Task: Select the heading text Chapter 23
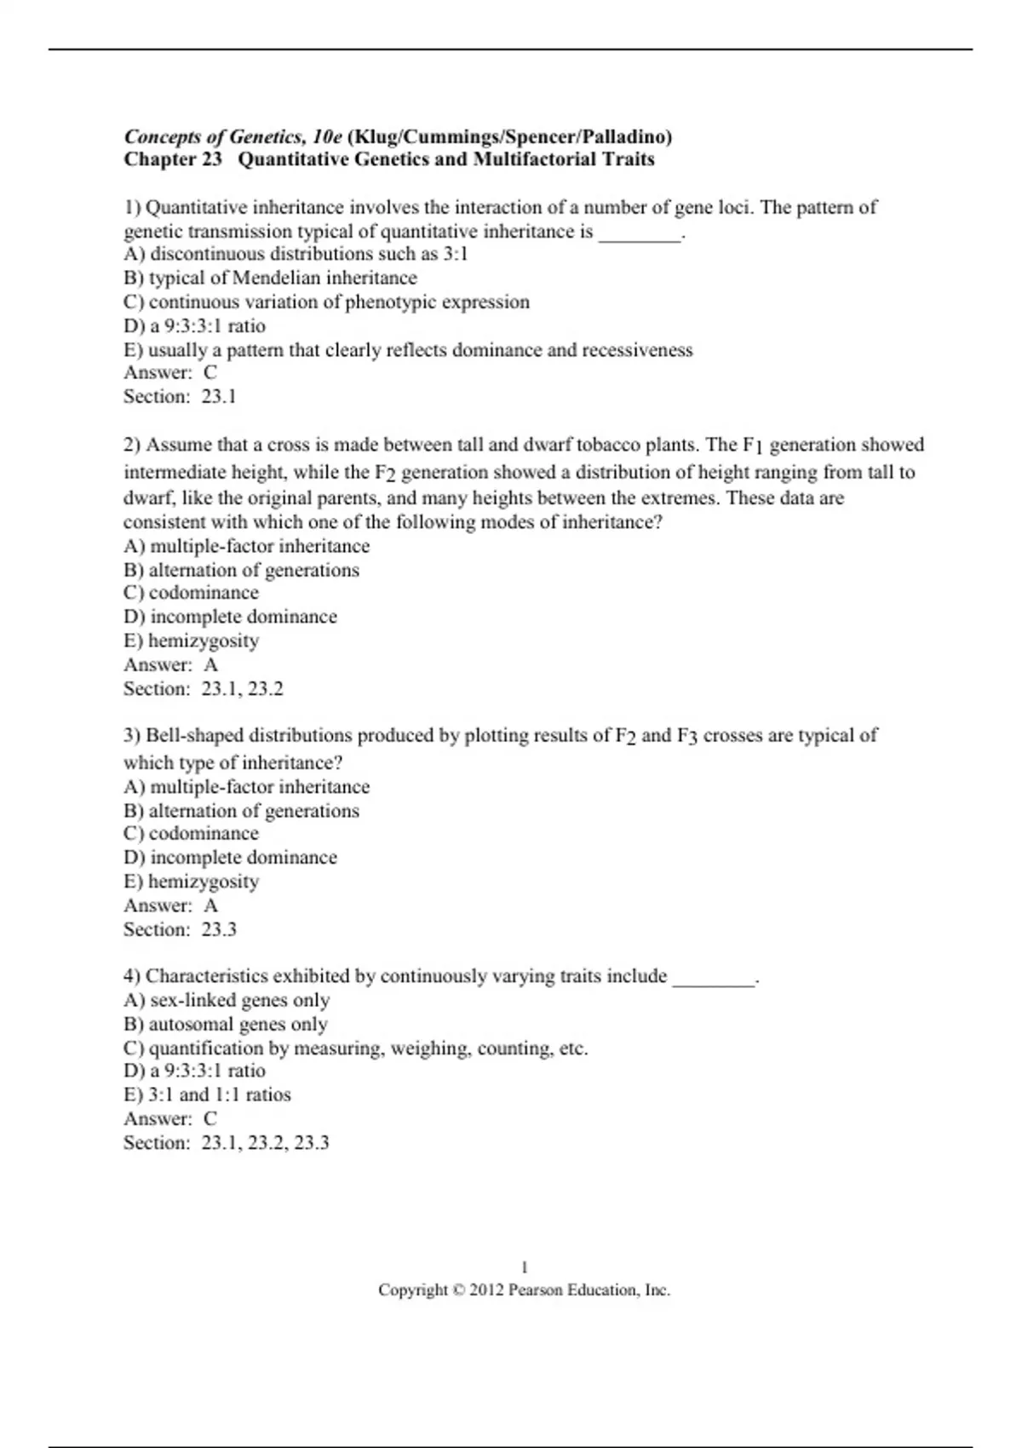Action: coord(173,159)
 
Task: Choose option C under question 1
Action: coord(326,302)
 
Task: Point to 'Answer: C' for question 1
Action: coord(170,372)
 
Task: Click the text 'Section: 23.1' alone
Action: coord(180,396)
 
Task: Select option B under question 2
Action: coord(241,570)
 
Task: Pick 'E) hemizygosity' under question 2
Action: coord(191,641)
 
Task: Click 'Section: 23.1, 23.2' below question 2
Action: coord(203,688)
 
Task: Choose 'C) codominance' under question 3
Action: coord(191,833)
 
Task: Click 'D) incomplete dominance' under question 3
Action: coord(230,857)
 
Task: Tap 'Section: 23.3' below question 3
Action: coord(180,929)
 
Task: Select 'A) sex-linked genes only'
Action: coord(227,1000)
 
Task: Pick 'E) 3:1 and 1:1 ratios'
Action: coord(207,1095)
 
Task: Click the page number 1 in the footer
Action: coord(524,1267)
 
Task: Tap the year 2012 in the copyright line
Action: coord(486,1290)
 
